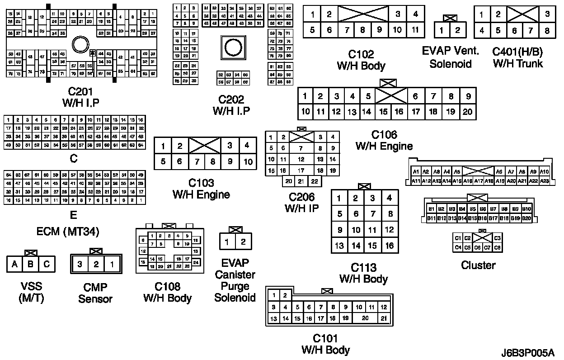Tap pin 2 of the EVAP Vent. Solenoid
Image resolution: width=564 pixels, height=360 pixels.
pyautogui.click(x=457, y=31)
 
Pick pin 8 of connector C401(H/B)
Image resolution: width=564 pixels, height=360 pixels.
pyautogui.click(x=547, y=31)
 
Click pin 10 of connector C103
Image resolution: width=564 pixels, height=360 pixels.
pyautogui.click(x=247, y=161)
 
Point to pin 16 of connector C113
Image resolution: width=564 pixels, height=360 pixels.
pyautogui.click(x=390, y=246)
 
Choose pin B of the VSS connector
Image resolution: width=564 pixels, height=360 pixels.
pyautogui.click(x=31, y=264)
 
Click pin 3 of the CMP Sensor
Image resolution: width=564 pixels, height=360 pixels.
pyautogui.click(x=80, y=264)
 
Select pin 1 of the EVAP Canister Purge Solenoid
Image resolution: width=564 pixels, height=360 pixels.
pyautogui.click(x=227, y=242)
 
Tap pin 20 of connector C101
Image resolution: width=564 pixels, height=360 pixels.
pyautogui.click(x=366, y=318)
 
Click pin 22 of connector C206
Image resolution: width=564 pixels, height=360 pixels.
pyautogui.click(x=315, y=181)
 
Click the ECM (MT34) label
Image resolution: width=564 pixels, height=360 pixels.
pyautogui.click(x=68, y=232)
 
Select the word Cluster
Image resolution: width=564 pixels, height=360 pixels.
pyautogui.click(x=478, y=265)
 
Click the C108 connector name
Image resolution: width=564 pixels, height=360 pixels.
pyautogui.click(x=167, y=287)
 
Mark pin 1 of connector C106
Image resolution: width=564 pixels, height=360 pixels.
pyautogui.click(x=305, y=96)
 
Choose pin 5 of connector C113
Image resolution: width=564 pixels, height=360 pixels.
pyautogui.click(x=339, y=214)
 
